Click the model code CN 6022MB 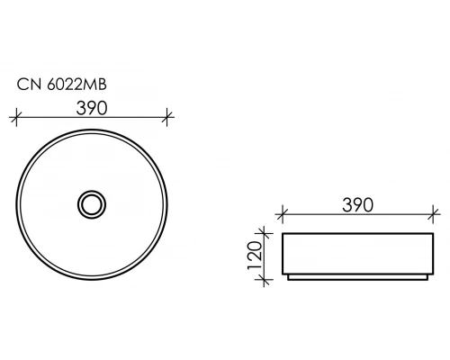tap(62, 85)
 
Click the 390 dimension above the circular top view tap(92, 108)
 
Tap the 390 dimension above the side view tap(357, 205)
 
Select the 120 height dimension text tap(255, 256)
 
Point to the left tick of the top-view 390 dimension tap(16, 117)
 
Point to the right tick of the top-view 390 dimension tap(167, 117)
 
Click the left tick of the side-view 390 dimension tap(282, 214)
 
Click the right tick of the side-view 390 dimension tap(433, 214)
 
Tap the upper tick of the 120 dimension tap(264, 233)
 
